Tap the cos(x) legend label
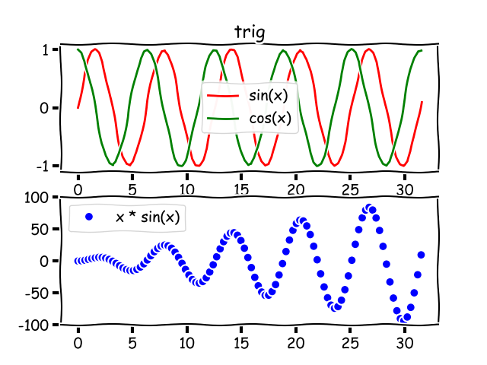(270, 118)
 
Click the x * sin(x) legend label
(148, 217)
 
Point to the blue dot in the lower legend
(89, 217)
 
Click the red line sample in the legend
(224, 97)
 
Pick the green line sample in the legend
(224, 119)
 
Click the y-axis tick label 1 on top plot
(46, 50)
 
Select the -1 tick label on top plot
(43, 166)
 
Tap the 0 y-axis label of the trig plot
(45, 108)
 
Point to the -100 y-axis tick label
(35, 325)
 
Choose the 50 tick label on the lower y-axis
(40, 229)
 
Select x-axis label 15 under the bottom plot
(240, 344)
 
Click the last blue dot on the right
(421, 255)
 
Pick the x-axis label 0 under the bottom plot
(78, 344)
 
